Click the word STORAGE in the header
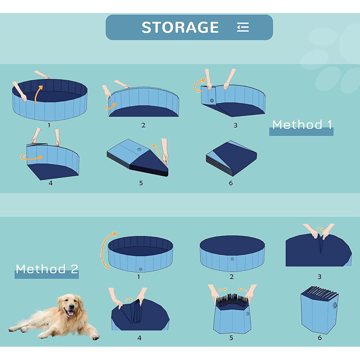[180, 27]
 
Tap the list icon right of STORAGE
[243, 27]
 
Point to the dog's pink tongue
[70, 313]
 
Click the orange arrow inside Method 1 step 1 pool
[38, 94]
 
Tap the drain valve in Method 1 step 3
[212, 100]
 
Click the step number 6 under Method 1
[231, 183]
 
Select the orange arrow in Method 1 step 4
[31, 158]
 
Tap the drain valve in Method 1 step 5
[139, 150]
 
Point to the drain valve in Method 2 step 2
[232, 259]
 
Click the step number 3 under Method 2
[319, 277]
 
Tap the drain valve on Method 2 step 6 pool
[335, 305]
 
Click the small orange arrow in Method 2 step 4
[129, 300]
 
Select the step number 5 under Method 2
[231, 338]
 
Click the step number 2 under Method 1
[143, 125]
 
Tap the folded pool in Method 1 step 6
[231, 158]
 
